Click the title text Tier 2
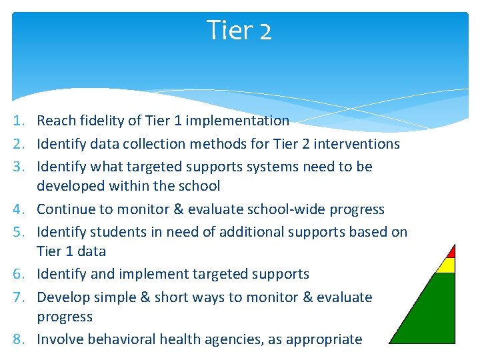(239, 30)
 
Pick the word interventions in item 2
(357, 143)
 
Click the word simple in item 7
(115, 297)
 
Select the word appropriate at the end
(324, 340)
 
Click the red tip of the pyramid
(452, 252)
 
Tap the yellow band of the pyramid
(447, 265)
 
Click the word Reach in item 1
(56, 120)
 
